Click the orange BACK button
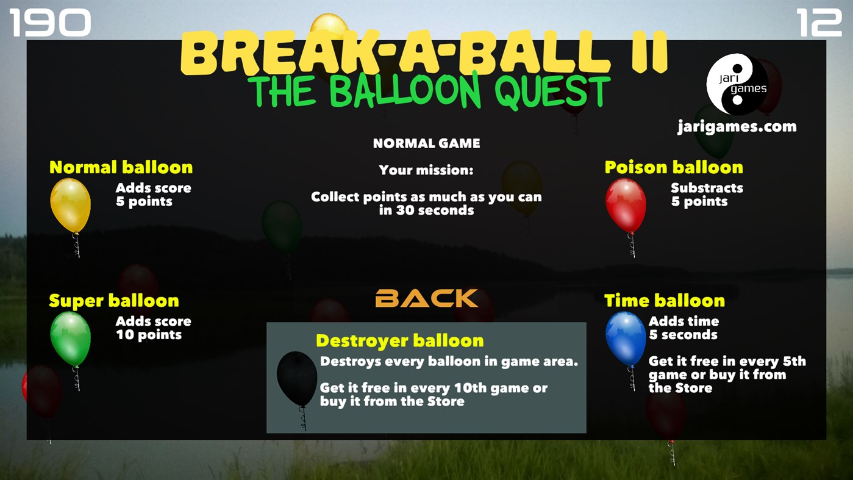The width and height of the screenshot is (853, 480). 426,298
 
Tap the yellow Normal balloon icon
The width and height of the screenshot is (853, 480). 70,206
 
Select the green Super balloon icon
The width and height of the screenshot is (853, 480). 70,339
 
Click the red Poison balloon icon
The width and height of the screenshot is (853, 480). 626,206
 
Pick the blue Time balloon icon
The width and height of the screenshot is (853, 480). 626,339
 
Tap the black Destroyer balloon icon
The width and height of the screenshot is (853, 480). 297,379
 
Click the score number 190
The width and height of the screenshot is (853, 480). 50,23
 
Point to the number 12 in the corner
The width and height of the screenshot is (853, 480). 818,23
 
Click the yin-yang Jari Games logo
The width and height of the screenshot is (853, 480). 737,84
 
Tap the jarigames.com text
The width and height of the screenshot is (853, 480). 737,127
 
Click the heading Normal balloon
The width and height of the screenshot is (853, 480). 121,167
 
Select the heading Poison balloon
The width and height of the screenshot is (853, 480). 673,167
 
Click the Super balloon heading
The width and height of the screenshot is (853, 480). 114,301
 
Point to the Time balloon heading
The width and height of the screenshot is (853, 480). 664,301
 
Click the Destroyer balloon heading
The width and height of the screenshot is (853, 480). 399,340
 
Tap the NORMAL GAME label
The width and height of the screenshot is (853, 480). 426,143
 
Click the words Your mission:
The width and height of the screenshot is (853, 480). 426,170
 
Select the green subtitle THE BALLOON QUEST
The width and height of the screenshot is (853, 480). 432,91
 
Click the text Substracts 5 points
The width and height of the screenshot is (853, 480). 706,195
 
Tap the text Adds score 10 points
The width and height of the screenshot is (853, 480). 152,328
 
